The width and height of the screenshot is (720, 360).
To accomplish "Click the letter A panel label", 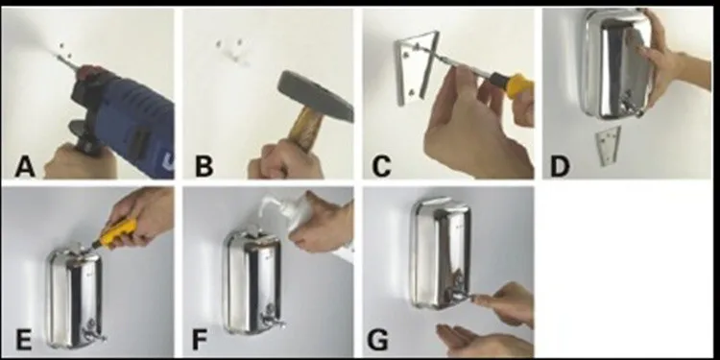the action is (x=25, y=167).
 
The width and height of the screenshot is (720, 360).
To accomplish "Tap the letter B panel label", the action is (x=204, y=167).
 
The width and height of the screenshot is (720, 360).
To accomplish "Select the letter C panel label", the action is (x=381, y=167).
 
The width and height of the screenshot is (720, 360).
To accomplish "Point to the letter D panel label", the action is (x=560, y=167).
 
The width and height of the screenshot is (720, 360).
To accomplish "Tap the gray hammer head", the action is (x=315, y=95).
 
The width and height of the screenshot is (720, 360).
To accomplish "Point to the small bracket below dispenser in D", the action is (x=609, y=145).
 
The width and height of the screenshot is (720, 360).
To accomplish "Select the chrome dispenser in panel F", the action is (x=252, y=281).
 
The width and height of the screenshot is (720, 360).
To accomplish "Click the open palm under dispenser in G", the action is (x=482, y=341).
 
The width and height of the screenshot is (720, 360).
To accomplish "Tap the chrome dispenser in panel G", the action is (x=441, y=253).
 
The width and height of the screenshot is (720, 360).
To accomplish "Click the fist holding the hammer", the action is (x=286, y=159).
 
